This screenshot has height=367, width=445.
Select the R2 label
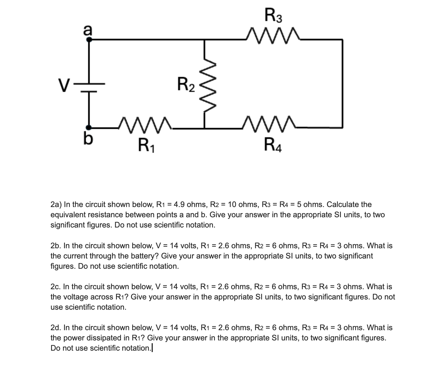coord(186,85)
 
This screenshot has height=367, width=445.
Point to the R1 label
coord(146,145)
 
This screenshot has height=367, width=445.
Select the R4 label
coord(273,145)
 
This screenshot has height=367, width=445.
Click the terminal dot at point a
coord(89,40)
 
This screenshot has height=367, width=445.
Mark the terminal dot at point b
coord(89,127)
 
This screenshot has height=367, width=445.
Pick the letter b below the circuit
coord(88,139)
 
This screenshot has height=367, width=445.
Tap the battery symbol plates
coord(89,88)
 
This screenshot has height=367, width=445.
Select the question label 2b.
coord(56,246)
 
